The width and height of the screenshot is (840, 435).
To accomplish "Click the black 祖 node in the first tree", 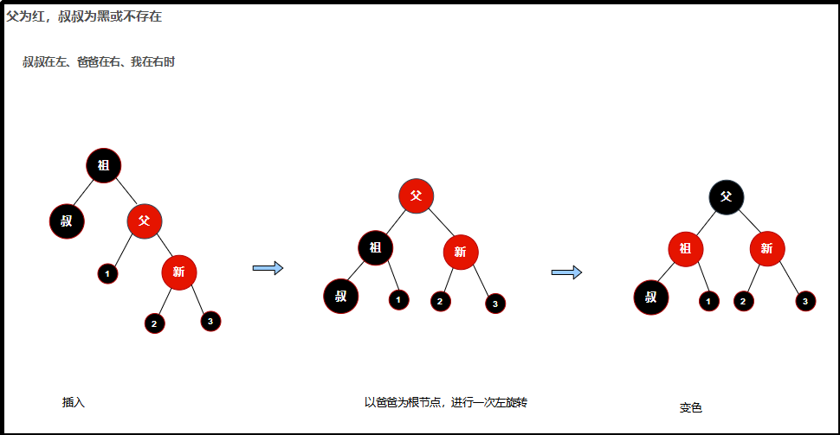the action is click(104, 165).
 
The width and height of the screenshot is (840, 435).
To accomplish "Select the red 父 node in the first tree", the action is click(145, 221).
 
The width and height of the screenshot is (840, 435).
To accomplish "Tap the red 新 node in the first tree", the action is click(179, 272).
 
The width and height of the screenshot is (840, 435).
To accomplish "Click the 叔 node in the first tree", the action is click(67, 221).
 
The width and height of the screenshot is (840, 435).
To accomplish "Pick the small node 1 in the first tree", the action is click(107, 273).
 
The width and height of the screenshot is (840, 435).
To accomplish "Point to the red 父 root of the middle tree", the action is click(417, 195).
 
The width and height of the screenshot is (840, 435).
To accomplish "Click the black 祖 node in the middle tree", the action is click(375, 247).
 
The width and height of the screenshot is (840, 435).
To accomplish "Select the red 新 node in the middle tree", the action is click(461, 252).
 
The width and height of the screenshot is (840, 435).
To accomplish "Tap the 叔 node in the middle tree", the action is click(341, 296).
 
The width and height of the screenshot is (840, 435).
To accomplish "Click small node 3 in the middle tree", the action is click(494, 304).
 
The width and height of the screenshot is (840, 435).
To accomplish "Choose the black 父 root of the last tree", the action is click(726, 196).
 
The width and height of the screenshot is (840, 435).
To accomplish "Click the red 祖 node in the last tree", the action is click(685, 250).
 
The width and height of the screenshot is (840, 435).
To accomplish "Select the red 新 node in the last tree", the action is click(767, 250).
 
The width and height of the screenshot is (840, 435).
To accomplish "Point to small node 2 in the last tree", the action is click(743, 301).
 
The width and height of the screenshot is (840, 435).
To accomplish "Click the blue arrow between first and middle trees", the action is click(268, 268).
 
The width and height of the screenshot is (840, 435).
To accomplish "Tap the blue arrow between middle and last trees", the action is click(566, 272).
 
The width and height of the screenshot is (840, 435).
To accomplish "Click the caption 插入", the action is click(74, 402).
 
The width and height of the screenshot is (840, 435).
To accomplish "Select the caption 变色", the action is click(690, 407).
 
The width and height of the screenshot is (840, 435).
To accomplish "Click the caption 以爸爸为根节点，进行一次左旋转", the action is click(446, 402).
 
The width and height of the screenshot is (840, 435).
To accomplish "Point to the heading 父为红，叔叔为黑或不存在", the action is click(84, 16).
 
